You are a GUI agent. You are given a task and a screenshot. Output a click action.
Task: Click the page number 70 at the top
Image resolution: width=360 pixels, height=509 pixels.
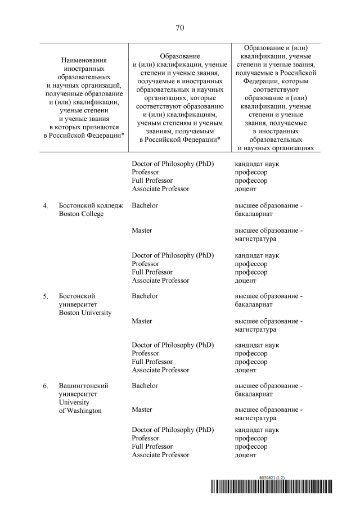pos(180,28)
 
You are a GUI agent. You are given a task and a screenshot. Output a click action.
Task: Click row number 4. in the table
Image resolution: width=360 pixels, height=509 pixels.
pos(46,206)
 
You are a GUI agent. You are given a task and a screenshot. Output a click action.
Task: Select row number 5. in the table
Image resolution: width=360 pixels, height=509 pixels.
pos(46,296)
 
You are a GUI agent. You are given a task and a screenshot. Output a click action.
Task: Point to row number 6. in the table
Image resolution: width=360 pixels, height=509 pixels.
pos(46,386)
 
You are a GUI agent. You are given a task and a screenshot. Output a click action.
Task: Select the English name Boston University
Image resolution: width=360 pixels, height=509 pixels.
pos(85,313)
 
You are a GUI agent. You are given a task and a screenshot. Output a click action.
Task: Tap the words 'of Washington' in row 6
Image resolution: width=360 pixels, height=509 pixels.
pos(80,411)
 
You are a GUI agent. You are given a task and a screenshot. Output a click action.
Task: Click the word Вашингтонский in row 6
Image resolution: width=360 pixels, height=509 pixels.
pos(83,386)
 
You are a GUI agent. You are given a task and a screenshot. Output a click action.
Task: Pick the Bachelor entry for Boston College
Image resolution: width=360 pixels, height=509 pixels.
pos(145,205)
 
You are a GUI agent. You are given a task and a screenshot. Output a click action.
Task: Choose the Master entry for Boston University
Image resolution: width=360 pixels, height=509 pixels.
pos(142,321)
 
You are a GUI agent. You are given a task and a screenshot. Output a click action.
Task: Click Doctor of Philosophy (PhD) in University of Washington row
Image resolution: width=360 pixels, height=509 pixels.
pos(173,430)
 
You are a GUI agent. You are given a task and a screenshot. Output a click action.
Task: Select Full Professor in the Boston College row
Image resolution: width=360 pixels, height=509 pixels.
pos(152,272)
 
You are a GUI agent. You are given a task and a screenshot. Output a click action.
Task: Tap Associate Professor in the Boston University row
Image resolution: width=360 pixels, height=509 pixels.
pos(160,370)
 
